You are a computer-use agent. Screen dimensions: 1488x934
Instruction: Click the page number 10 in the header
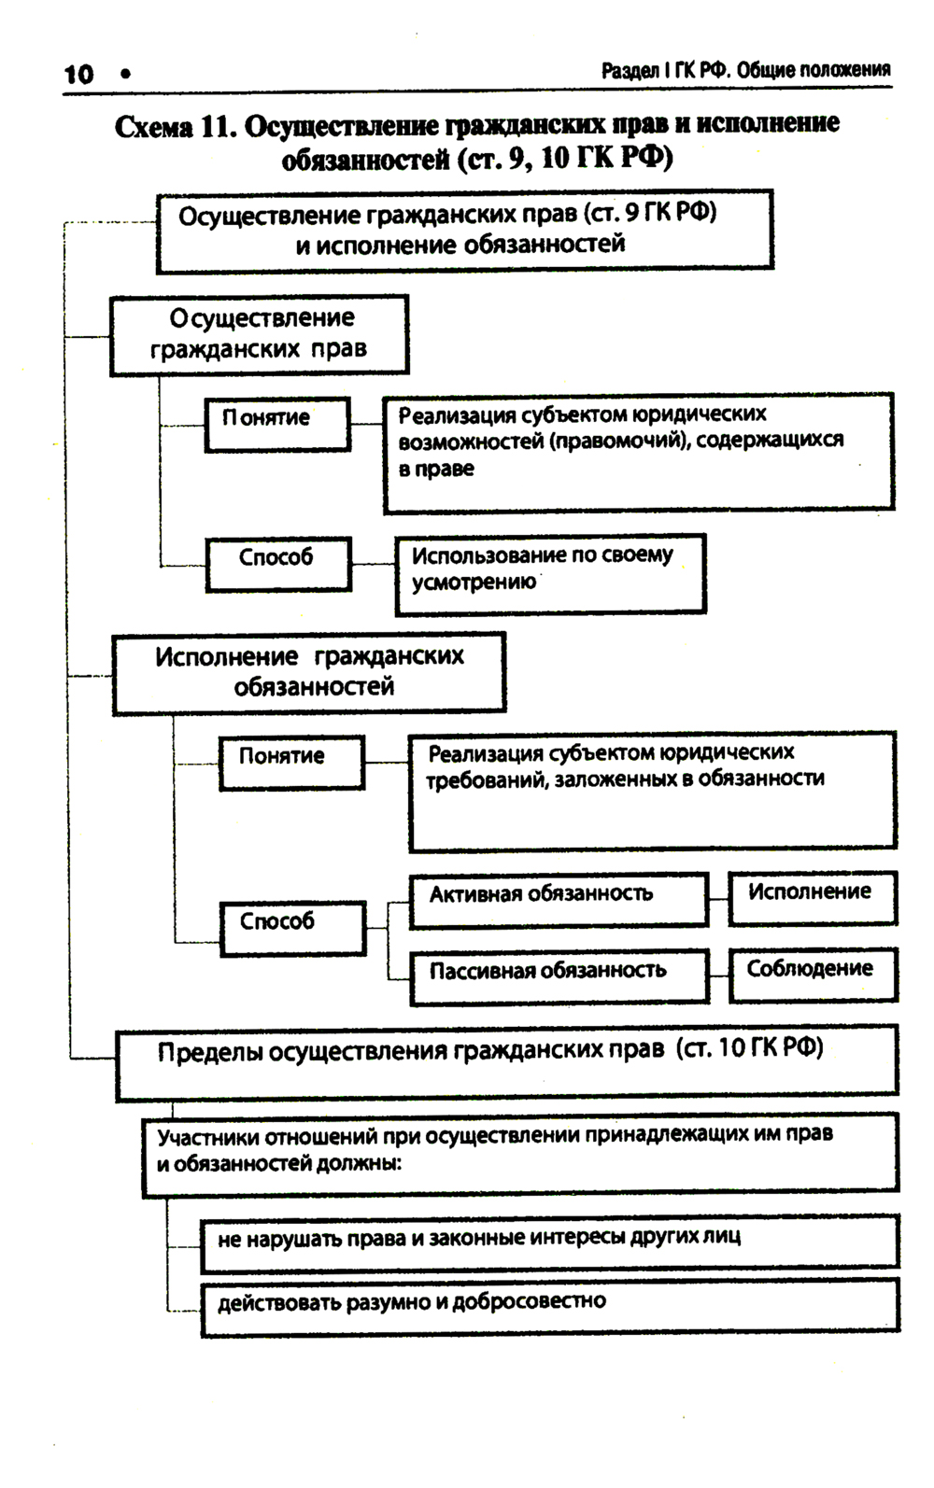point(79,74)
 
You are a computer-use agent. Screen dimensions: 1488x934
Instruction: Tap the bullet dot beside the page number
point(125,74)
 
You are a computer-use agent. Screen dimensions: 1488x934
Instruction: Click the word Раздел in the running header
point(630,70)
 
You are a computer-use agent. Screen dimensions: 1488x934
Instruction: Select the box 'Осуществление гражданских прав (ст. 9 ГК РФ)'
point(464,231)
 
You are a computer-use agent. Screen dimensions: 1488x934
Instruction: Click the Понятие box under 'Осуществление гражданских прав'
point(277,424)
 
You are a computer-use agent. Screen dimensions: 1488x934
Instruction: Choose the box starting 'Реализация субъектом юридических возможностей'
point(638,452)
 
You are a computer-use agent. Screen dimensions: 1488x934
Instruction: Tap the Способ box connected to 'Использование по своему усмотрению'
point(278,564)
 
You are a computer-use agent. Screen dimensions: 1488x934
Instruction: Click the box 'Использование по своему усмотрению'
point(550,573)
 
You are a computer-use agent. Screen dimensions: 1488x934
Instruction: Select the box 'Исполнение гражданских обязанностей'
point(309,673)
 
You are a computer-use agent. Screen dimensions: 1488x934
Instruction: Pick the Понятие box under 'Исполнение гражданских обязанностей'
point(291,762)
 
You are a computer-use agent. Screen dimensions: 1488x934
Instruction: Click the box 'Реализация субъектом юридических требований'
point(652,790)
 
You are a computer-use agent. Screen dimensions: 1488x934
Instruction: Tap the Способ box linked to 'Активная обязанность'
point(292,928)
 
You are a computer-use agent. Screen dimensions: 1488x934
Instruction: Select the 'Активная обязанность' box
point(559,899)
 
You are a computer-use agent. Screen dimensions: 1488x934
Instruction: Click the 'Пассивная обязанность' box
point(559,976)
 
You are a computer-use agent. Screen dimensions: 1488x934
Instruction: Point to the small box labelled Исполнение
point(812,897)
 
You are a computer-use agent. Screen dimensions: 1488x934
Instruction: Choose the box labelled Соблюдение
point(813,975)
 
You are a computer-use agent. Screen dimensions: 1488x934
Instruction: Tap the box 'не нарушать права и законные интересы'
point(549,1242)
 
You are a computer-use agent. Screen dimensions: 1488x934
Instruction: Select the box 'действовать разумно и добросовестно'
point(549,1307)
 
